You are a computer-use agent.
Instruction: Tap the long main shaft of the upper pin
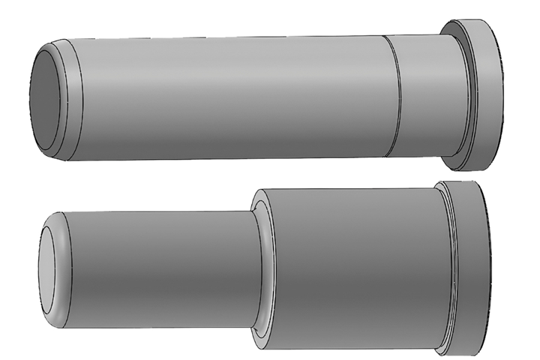[225, 94]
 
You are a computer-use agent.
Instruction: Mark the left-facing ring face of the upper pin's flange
[469, 75]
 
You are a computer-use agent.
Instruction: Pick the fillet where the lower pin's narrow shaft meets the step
[258, 266]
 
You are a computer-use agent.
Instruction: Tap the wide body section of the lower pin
[352, 270]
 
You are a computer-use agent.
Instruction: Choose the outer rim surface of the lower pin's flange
[469, 270]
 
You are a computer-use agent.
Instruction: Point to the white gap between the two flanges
[472, 176]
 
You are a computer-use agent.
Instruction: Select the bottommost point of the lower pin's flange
[465, 353]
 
